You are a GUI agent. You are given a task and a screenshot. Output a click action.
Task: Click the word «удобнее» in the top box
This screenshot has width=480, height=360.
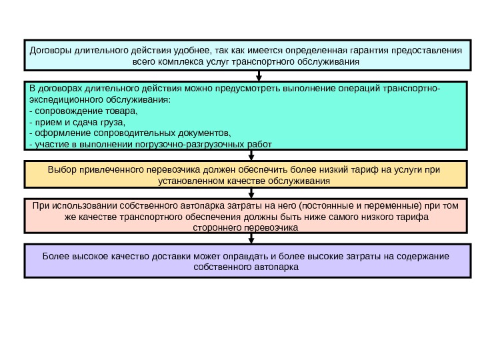189,49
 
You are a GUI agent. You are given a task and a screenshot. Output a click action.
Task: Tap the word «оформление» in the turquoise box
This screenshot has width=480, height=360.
59,133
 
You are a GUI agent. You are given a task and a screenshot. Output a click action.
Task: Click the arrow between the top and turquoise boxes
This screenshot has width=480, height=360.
251,75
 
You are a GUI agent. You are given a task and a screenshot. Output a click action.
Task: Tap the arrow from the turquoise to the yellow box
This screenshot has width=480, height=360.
251,155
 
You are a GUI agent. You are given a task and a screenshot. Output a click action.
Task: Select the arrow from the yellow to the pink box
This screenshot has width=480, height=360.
251,193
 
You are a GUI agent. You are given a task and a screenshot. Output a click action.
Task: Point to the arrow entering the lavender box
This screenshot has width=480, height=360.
251,238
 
